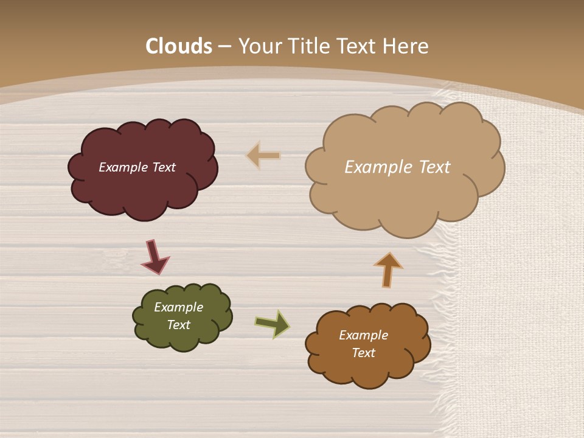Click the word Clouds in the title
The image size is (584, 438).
click(x=179, y=46)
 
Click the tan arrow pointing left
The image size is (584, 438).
click(x=263, y=156)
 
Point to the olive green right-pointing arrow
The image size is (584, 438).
click(x=272, y=323)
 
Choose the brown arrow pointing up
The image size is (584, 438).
click(x=388, y=269)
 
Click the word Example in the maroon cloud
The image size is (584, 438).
click(x=123, y=167)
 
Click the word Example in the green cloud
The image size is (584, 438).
click(x=178, y=307)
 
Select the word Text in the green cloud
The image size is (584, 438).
click(x=178, y=325)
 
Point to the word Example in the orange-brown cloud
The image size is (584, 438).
click(x=363, y=335)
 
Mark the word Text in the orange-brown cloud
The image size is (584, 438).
click(x=363, y=353)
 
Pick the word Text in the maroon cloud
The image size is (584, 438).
click(x=163, y=167)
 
